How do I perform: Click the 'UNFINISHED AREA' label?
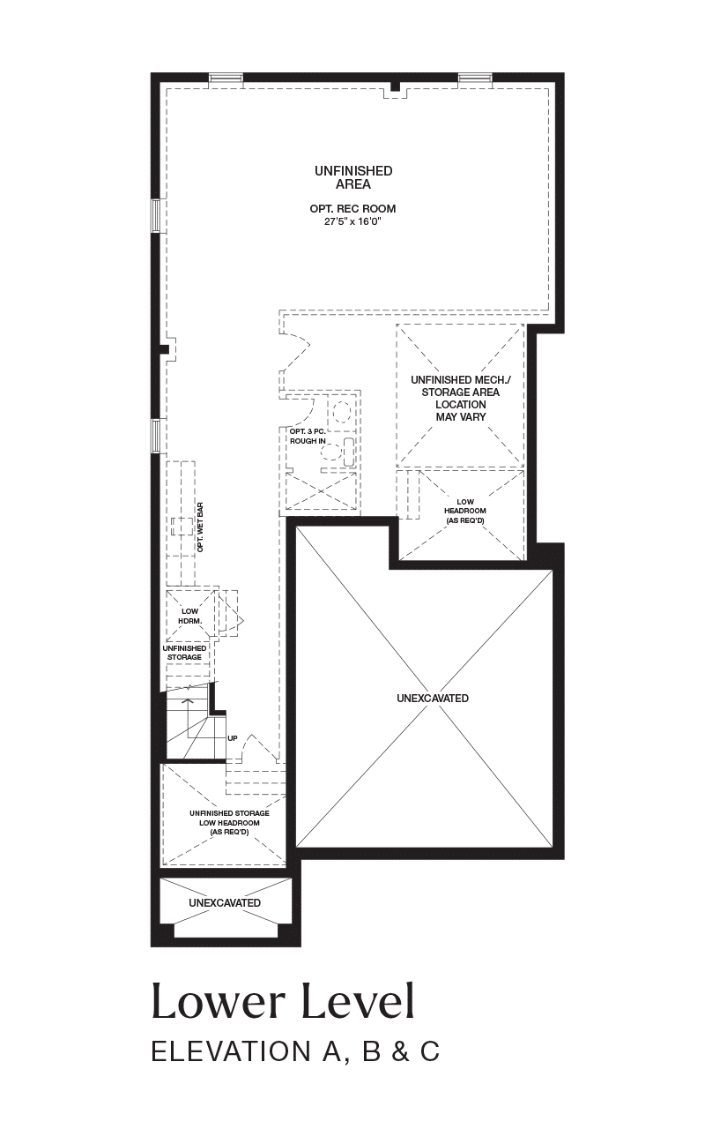[x=353, y=177]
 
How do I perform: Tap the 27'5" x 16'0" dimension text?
[x=352, y=221]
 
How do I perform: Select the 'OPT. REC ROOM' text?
[x=352, y=209]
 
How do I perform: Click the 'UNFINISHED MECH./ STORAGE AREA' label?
[x=461, y=385]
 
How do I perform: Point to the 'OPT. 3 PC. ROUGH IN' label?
[x=308, y=436]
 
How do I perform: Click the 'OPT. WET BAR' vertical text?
[x=200, y=527]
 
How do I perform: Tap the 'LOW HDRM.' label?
[x=189, y=617]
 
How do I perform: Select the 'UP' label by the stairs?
[x=232, y=738]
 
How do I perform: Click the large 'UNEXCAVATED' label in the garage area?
[x=433, y=698]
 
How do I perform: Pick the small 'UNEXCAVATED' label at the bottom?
[x=225, y=902]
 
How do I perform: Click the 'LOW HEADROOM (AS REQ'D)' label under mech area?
[x=464, y=511]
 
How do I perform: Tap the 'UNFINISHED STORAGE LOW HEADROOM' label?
[x=230, y=818]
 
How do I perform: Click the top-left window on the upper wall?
[x=226, y=79]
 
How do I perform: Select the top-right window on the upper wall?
[x=475, y=79]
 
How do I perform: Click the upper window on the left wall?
[x=156, y=216]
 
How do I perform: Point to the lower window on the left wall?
[x=156, y=436]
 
